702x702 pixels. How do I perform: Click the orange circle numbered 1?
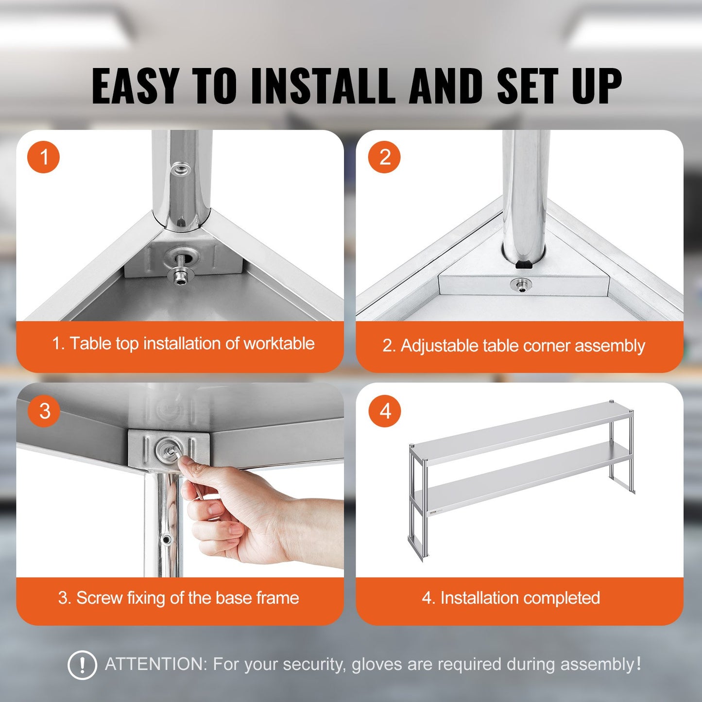44,157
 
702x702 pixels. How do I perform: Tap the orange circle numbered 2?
384,157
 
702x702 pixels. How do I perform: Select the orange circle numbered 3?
44,411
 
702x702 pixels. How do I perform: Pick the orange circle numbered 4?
385,411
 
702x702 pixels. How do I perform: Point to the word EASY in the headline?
135,86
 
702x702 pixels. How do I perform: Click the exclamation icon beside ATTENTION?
82,665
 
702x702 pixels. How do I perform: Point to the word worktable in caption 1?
279,343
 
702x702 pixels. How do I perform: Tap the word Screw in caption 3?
99,598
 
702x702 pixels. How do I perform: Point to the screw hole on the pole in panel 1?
180,169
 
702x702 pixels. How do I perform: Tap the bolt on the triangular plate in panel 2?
521,285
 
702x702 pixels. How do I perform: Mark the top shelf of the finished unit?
520,430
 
